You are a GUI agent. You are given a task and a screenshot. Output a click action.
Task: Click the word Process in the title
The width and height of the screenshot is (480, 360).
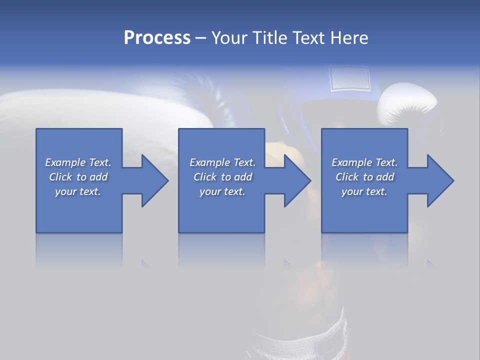pyautogui.click(x=157, y=38)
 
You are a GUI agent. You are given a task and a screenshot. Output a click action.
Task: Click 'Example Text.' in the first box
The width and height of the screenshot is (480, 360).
pyautogui.click(x=78, y=162)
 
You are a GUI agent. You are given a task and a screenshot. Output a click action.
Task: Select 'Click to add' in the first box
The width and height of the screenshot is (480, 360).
pyautogui.click(x=78, y=177)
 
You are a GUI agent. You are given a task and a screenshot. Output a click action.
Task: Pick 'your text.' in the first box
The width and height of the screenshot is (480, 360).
pyautogui.click(x=78, y=191)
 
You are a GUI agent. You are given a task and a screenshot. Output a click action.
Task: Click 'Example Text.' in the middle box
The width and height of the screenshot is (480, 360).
pyautogui.click(x=222, y=162)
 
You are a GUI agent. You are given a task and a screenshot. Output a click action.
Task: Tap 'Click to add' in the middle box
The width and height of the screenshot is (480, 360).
pyautogui.click(x=222, y=177)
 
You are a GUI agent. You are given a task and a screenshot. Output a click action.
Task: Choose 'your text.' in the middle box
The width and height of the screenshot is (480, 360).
pyautogui.click(x=222, y=191)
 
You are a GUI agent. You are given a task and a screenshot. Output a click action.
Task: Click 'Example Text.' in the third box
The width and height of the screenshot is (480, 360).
pyautogui.click(x=364, y=162)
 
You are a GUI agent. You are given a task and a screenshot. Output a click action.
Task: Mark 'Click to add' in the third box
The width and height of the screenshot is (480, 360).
pyautogui.click(x=364, y=177)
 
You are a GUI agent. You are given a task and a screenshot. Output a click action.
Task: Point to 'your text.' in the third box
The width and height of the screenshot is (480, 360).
pyautogui.click(x=364, y=191)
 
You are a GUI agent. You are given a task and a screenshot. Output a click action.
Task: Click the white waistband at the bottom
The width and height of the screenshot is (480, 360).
pyautogui.click(x=300, y=335)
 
